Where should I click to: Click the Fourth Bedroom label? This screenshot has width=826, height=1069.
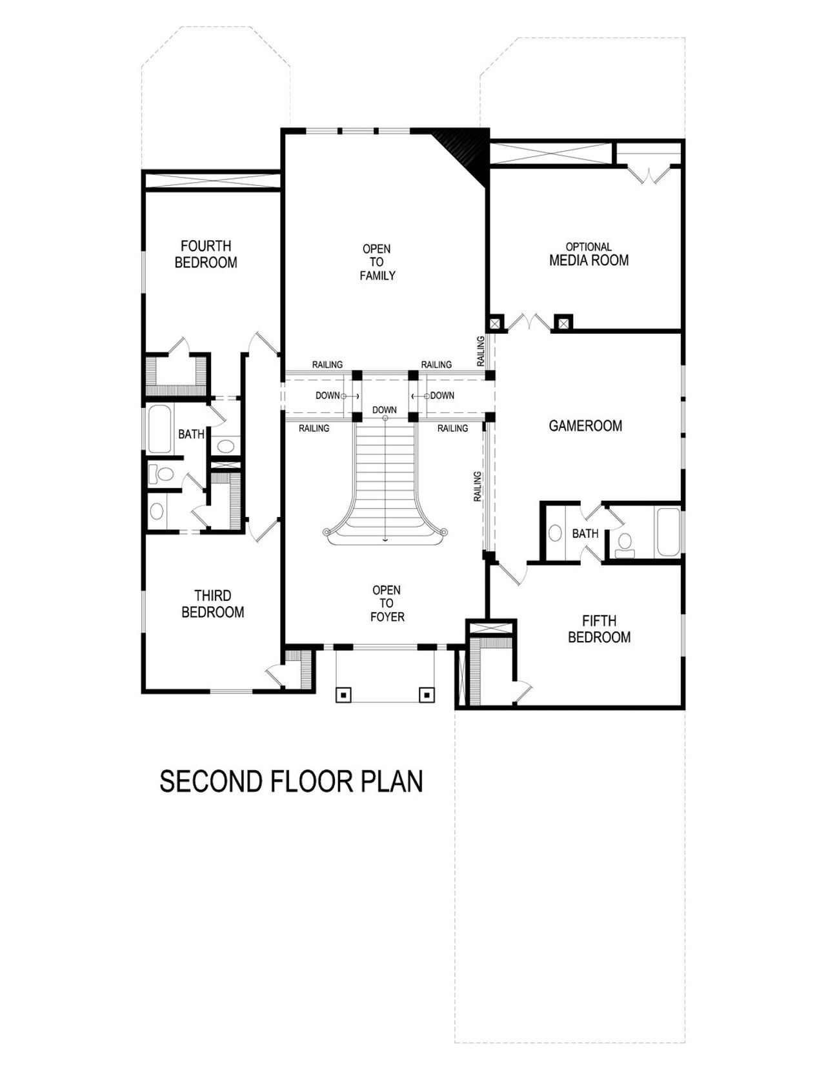point(206,254)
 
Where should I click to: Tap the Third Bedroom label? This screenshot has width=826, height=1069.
point(212,604)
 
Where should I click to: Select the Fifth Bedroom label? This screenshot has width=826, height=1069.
point(599,629)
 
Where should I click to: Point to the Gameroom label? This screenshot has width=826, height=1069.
point(585,425)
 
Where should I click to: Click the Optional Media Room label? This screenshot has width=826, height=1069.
point(589,255)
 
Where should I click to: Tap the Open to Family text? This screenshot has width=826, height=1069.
point(377,262)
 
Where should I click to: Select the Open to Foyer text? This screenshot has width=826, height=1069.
point(387,604)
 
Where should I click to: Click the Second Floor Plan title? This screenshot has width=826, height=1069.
point(291,781)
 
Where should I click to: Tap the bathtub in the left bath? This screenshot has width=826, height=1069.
point(159,429)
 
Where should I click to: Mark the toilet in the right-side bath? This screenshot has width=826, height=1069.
point(624,544)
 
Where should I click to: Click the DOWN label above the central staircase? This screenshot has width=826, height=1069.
point(384,410)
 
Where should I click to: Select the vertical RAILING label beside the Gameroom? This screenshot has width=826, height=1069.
point(478,486)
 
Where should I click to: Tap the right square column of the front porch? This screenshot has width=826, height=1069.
point(427,695)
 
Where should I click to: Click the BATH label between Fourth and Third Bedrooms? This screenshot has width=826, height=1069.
point(191,434)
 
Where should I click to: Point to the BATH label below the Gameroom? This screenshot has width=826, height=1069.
point(585,534)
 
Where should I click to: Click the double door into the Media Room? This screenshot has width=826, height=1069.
point(529,323)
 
